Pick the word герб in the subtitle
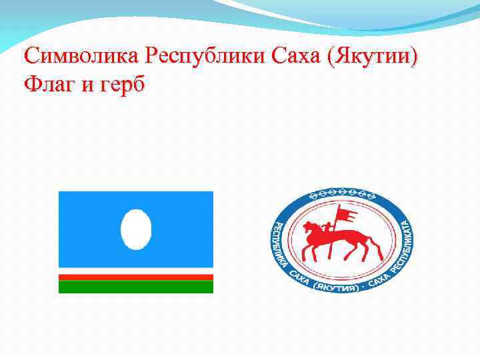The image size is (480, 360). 122,87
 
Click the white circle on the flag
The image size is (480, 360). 135,229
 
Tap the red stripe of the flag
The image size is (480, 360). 136,277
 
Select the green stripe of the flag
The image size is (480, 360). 136,287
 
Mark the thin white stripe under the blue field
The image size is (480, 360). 136,271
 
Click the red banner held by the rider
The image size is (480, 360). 346,213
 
